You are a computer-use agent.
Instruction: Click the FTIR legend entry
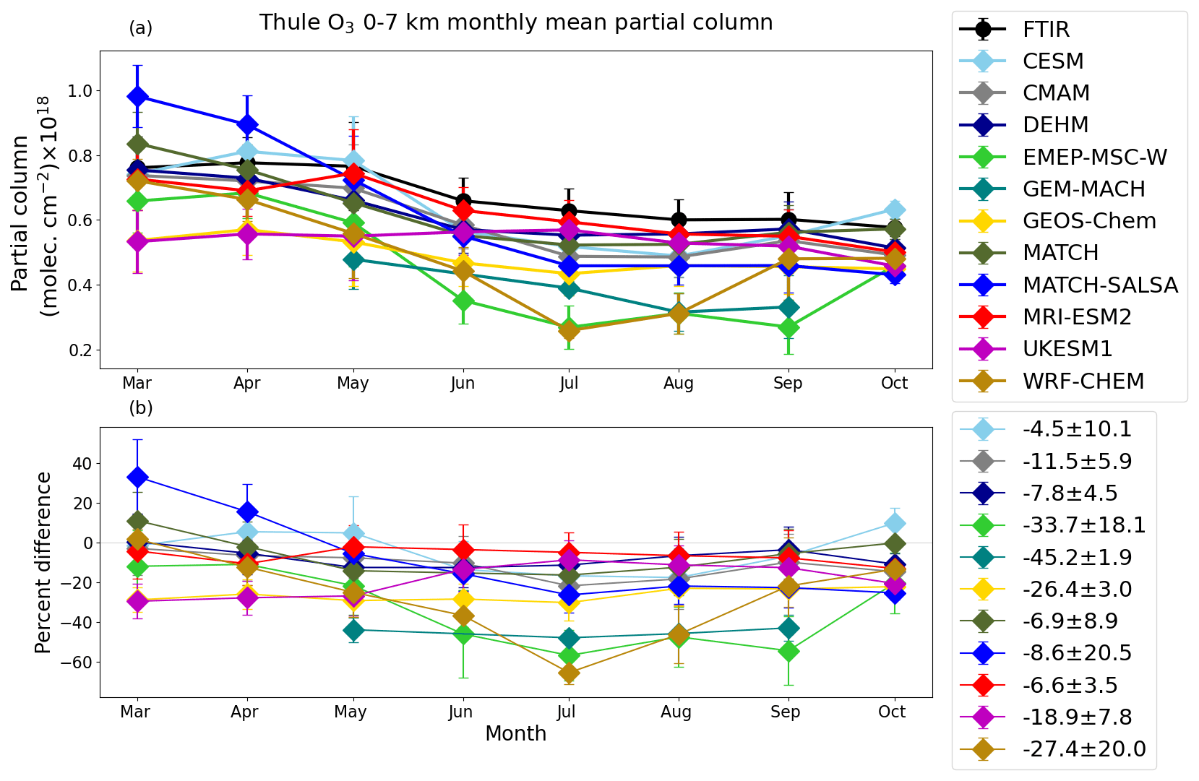(x=1045, y=30)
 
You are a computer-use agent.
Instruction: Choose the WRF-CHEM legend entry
(x=1083, y=381)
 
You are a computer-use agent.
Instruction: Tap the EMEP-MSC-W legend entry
(x=1094, y=158)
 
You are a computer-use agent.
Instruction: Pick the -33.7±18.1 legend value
(x=1083, y=525)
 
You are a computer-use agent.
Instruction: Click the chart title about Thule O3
(x=516, y=23)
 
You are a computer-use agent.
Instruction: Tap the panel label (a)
(x=141, y=28)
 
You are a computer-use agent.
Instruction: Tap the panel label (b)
(x=141, y=408)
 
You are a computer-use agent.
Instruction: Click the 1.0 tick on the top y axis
(x=80, y=91)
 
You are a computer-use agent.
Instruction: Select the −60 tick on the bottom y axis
(x=76, y=663)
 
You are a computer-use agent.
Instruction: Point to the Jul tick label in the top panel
(x=569, y=383)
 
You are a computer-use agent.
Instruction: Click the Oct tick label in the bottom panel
(x=892, y=712)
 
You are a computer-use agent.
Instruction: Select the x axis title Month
(x=515, y=734)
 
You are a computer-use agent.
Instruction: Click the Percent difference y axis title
(x=43, y=563)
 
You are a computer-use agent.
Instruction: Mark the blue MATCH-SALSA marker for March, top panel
(x=137, y=97)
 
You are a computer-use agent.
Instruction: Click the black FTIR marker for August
(x=678, y=220)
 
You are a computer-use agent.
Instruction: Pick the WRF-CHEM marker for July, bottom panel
(x=569, y=673)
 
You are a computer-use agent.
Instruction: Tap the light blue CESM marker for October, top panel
(x=895, y=210)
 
